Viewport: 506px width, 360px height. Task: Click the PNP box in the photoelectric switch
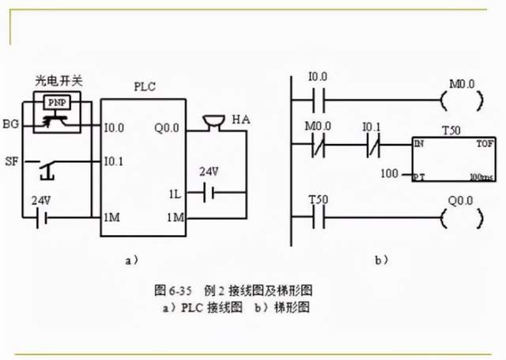pos(55,103)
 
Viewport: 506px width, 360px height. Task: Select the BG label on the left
pos(11,125)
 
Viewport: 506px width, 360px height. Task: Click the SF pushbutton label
pos(11,161)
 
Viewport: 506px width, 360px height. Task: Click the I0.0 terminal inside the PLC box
pos(114,126)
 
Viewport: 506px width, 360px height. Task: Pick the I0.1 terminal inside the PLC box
pos(114,161)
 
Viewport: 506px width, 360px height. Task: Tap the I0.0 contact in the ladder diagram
pos(318,101)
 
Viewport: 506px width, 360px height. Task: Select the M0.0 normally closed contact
pos(318,145)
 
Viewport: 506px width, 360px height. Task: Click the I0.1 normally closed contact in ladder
pos(372,145)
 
